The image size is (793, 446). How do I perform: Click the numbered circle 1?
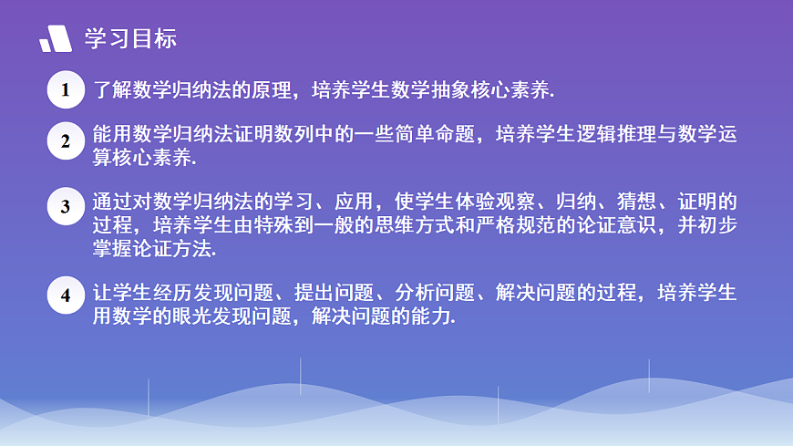pos(66,89)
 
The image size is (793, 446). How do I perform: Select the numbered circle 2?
pos(66,141)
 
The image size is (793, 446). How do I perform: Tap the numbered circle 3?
pos(66,206)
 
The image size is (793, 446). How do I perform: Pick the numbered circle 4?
pos(66,296)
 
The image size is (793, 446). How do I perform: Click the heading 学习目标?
pos(130,38)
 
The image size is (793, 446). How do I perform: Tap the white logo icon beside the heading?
pos(56,39)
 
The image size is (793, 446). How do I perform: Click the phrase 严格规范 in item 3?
pos(515,225)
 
